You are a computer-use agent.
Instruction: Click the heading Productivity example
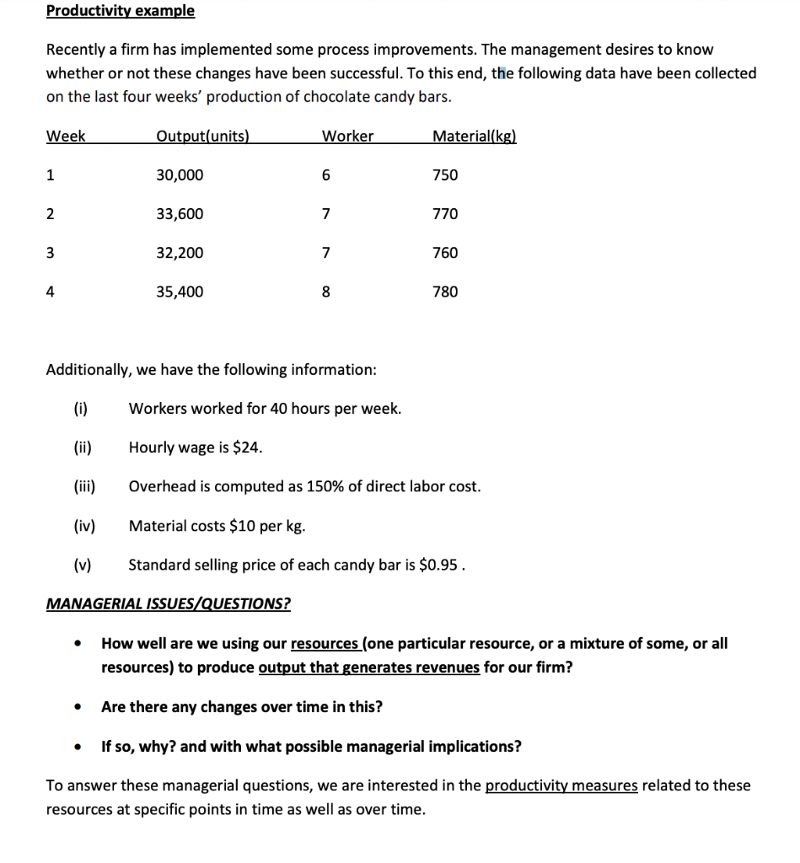[x=121, y=11]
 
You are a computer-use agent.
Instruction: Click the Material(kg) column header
[x=474, y=137]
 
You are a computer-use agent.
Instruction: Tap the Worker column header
[x=348, y=137]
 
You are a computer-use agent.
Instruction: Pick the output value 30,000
[x=180, y=175]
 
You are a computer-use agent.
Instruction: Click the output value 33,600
[x=180, y=214]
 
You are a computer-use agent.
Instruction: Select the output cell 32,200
[x=180, y=253]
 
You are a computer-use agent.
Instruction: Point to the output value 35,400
[x=180, y=292]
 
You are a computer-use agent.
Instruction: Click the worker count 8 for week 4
[x=327, y=292]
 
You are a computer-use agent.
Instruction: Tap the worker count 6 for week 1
[x=327, y=175]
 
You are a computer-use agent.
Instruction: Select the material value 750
[x=445, y=175]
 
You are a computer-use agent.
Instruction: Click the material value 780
[x=445, y=292]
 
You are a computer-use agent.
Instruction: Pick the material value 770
[x=445, y=214]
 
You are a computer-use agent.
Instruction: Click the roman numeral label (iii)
[x=84, y=486]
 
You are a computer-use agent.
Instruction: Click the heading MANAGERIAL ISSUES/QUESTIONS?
[x=169, y=603]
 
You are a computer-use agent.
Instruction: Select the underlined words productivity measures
[x=561, y=785]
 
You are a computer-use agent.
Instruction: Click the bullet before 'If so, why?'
[x=78, y=747]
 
